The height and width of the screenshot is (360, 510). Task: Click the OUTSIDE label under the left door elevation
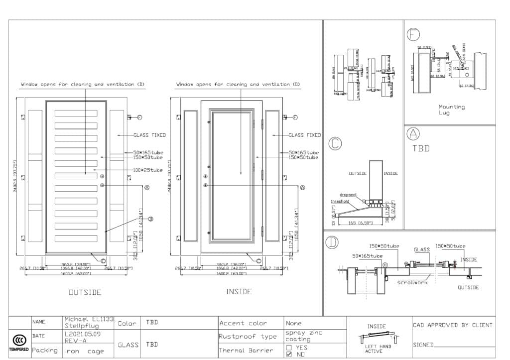[x=85, y=292]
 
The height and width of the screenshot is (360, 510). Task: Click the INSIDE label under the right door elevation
[x=239, y=292]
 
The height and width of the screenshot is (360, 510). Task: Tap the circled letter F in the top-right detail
[x=413, y=34]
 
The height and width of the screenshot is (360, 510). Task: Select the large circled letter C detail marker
[x=335, y=143]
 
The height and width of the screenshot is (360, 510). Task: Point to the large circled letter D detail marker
[x=332, y=242]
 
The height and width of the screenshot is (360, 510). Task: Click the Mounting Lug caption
[x=451, y=110]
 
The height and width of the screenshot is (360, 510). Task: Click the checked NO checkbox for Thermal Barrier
[x=289, y=355]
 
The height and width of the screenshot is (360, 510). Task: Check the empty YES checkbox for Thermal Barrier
[x=289, y=348]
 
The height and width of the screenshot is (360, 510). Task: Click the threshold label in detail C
[x=341, y=201]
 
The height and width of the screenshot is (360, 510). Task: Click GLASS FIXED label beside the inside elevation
[x=304, y=135]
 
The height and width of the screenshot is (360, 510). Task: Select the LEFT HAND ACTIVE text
[x=374, y=349]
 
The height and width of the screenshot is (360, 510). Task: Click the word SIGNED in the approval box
[x=423, y=345]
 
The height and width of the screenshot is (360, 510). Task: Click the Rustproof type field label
[x=248, y=337]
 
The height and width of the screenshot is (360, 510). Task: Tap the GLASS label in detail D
[x=421, y=249]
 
